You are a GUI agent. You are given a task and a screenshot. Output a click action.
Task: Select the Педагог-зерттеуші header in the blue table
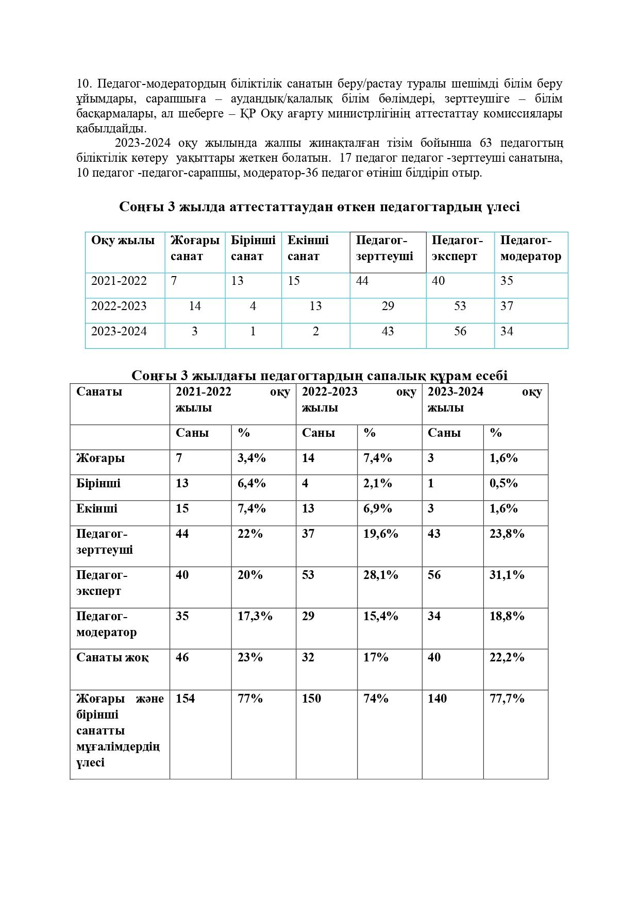(x=384, y=248)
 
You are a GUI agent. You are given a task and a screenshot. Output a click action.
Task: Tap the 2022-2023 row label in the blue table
(x=119, y=306)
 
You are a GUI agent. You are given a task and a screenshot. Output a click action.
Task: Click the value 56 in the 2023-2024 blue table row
(x=460, y=331)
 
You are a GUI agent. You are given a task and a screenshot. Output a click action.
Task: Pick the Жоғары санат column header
(x=195, y=248)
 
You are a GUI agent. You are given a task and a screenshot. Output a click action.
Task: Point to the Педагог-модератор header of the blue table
(x=530, y=248)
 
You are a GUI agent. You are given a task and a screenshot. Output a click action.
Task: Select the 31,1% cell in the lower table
(x=507, y=575)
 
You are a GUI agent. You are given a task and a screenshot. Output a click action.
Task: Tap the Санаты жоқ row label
(x=112, y=657)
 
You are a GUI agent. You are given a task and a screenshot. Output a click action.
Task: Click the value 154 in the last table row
(x=185, y=698)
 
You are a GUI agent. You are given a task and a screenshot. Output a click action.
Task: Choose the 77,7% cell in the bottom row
(x=507, y=698)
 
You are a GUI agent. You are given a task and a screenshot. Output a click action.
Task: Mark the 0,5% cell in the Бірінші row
(x=503, y=483)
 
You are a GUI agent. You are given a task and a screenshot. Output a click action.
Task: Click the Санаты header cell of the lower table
(x=99, y=391)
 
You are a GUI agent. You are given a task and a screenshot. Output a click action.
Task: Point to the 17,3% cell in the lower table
(x=255, y=616)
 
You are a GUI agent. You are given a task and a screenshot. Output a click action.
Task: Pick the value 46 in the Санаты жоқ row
(x=182, y=657)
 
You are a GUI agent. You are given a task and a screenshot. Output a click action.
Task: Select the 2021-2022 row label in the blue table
(x=119, y=281)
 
